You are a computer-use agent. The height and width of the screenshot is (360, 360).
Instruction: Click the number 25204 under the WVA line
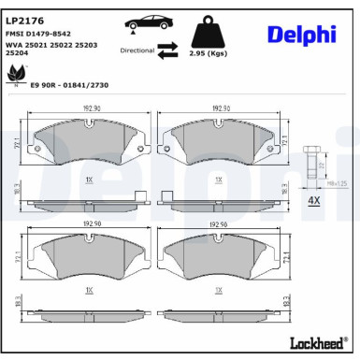[x=17, y=53]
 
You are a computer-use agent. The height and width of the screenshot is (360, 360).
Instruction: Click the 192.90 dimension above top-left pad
[x=90, y=109]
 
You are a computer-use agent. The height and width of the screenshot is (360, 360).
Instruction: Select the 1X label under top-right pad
[x=218, y=178]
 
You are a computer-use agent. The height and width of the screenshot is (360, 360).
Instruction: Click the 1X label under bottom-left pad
[x=90, y=291]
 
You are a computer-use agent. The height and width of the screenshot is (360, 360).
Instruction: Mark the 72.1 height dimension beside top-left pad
[x=18, y=142]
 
